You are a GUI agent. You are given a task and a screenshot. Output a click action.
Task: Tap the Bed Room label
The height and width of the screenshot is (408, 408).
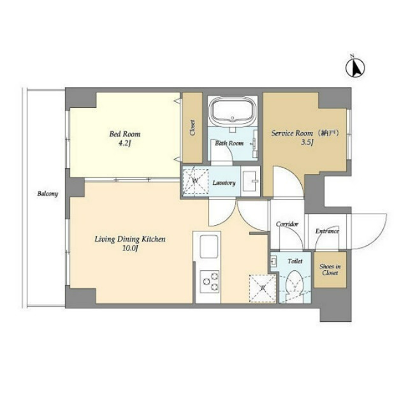tap(124, 135)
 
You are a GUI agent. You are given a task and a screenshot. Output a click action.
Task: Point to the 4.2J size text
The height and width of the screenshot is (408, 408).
tap(124, 144)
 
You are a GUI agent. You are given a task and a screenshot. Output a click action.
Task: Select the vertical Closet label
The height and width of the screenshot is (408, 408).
tap(193, 128)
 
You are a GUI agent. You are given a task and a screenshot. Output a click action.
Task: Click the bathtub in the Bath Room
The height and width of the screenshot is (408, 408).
tap(233, 113)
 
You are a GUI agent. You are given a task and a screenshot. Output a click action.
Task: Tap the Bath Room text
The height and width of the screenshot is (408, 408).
tap(229, 143)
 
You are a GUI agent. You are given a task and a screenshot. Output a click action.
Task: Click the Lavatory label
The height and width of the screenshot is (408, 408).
tap(224, 183)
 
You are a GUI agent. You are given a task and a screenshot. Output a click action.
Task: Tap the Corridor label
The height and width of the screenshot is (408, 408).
tap(287, 224)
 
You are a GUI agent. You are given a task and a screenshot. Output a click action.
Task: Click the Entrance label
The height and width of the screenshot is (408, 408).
tap(327, 230)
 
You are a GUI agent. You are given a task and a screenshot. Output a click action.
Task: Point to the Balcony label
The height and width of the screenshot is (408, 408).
tap(47, 193)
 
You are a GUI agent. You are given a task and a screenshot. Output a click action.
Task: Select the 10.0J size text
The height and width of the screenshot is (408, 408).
tap(130, 249)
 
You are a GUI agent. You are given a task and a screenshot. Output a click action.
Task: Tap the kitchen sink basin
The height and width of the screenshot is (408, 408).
tap(209, 247)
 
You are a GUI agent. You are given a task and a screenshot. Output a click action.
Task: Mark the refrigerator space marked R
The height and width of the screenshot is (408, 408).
tap(261, 287)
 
